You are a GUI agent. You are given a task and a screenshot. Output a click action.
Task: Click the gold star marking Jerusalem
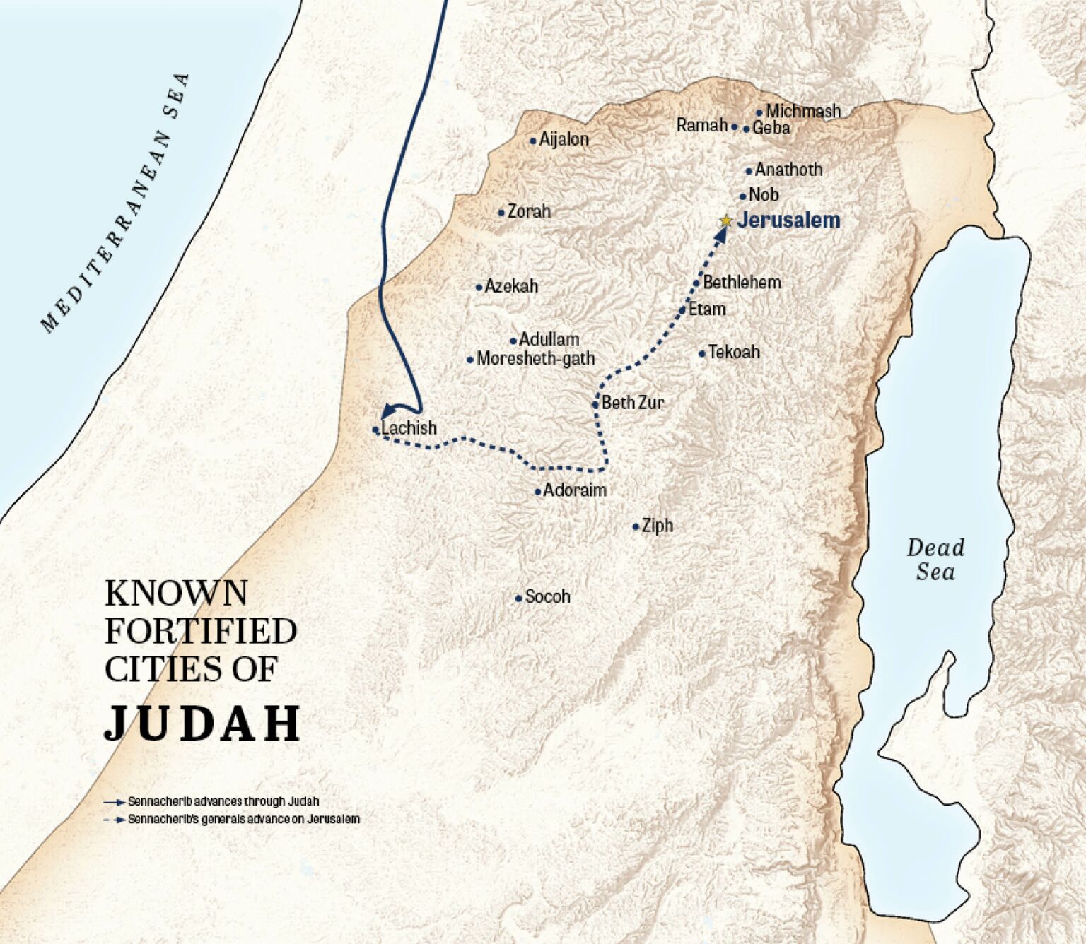725,221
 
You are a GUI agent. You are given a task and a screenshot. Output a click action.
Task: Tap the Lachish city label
409,428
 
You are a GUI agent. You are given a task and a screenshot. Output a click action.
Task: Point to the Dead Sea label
935,560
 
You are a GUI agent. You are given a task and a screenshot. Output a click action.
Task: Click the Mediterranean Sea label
116,203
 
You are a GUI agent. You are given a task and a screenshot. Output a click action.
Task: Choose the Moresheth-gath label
535,359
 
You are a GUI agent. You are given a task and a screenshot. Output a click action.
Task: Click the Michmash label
803,111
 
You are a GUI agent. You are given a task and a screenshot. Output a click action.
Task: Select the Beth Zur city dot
595,405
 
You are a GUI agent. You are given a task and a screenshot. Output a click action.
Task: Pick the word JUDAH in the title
203,724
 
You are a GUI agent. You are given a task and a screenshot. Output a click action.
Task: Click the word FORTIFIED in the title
201,631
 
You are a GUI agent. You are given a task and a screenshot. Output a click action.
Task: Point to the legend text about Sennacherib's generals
243,820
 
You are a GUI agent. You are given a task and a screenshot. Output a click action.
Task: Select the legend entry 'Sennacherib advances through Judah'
223,802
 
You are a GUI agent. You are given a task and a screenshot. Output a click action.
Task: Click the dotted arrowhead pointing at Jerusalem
720,234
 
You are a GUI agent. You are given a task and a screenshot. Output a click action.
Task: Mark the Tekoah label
734,352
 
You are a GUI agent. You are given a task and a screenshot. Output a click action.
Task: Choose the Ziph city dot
636,527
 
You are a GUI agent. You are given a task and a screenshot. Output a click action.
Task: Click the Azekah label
511,286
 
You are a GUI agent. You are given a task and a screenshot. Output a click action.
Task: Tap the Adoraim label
574,490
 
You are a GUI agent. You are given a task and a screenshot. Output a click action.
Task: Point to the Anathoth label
788,170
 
